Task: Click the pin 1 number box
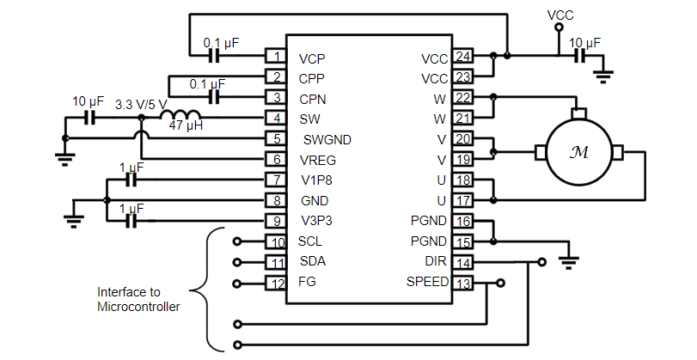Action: click(276, 56)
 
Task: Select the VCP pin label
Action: click(312, 59)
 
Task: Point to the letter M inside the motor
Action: click(578, 152)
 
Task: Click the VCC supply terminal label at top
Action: click(560, 15)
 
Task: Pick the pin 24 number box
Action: click(462, 56)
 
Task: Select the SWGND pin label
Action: click(327, 139)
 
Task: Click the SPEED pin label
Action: click(427, 281)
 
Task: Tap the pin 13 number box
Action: click(462, 284)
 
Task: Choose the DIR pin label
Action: click(436, 261)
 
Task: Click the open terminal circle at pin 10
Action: click(237, 241)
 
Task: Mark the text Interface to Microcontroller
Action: click(138, 299)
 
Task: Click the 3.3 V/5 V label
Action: click(141, 105)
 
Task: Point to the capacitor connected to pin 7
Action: click(131, 180)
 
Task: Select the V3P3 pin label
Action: click(316, 221)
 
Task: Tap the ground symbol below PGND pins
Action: click(569, 262)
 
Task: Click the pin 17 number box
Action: click(462, 200)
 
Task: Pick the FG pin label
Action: click(307, 281)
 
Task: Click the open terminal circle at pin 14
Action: click(541, 262)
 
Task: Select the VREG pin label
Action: click(318, 160)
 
